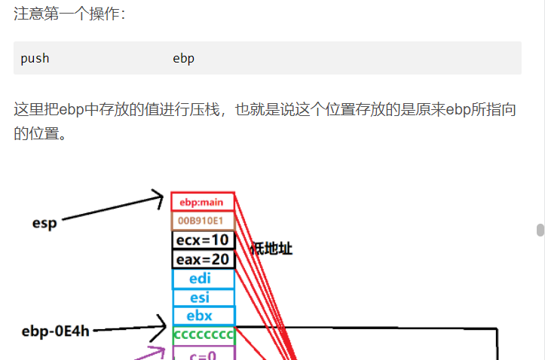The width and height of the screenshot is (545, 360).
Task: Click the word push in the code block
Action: click(35, 58)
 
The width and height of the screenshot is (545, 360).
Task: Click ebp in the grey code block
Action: click(183, 58)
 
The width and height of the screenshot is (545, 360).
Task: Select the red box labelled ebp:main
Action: click(202, 202)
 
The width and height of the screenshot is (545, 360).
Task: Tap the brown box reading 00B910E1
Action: click(202, 221)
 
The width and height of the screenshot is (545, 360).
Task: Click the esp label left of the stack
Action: click(44, 223)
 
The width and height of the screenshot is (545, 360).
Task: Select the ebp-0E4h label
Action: click(55, 331)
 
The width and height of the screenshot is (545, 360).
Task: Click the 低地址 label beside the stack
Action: click(271, 249)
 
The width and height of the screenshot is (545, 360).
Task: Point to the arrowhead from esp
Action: click(158, 197)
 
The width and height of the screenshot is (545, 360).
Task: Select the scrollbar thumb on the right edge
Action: click(540, 230)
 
